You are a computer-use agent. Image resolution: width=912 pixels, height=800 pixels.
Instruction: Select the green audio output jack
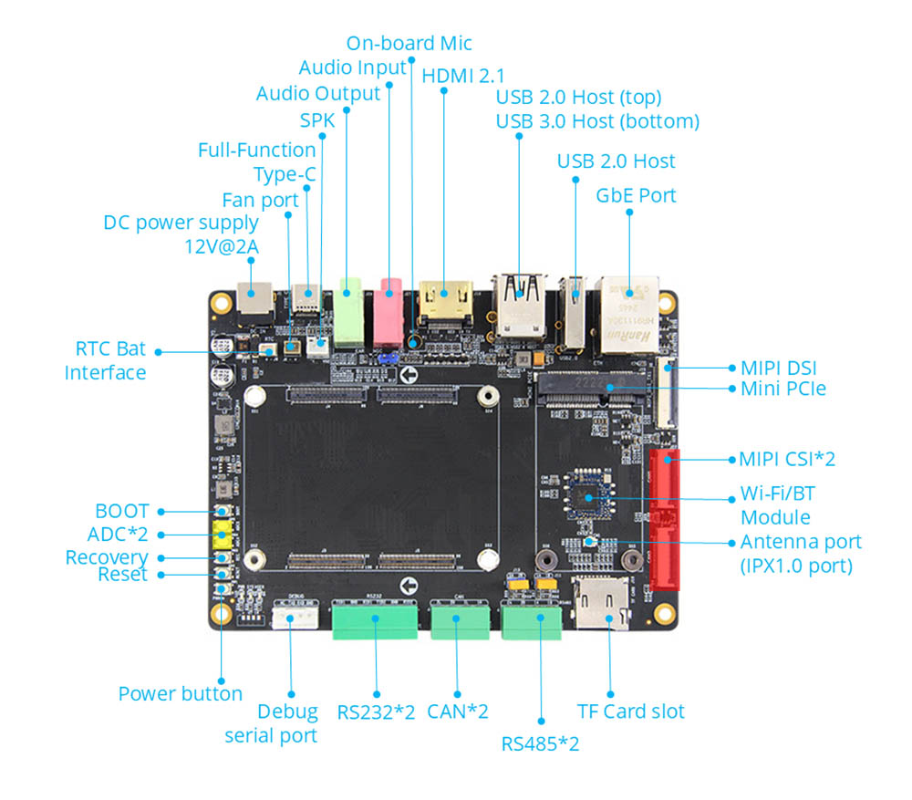347,313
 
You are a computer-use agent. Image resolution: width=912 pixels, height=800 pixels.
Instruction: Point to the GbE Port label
636,195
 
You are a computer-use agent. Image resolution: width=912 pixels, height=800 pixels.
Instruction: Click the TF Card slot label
630,712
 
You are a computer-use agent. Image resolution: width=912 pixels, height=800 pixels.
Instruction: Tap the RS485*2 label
540,743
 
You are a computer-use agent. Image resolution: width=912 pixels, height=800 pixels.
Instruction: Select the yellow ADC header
221,535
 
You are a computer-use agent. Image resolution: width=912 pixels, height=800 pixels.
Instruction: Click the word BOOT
121,512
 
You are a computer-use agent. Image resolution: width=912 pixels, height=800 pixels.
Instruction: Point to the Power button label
180,693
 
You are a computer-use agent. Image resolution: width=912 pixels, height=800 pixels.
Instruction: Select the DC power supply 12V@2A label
181,234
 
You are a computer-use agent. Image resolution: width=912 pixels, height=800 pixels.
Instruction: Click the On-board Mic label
409,43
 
